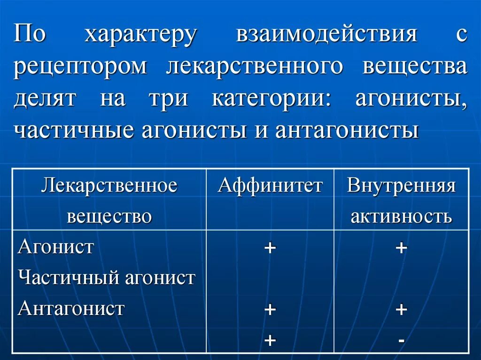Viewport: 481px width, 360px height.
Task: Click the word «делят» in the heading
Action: coord(45,99)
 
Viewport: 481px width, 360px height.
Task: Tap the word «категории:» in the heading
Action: coord(272,99)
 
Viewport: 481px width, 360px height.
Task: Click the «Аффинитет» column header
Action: coord(270,186)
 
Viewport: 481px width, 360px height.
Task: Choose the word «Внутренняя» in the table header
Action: coord(401,186)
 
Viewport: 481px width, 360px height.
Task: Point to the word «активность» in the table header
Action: coord(401,216)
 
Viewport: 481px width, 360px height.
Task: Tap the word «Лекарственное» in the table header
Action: coord(109,186)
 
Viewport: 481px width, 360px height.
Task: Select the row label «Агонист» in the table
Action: coord(56,247)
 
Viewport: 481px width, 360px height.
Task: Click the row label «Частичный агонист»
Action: coord(106,278)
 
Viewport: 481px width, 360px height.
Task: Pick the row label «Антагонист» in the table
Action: coord(71,309)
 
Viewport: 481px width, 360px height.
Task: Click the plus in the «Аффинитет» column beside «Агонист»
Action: coord(270,248)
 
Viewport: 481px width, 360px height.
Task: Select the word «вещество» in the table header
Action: coord(109,216)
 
